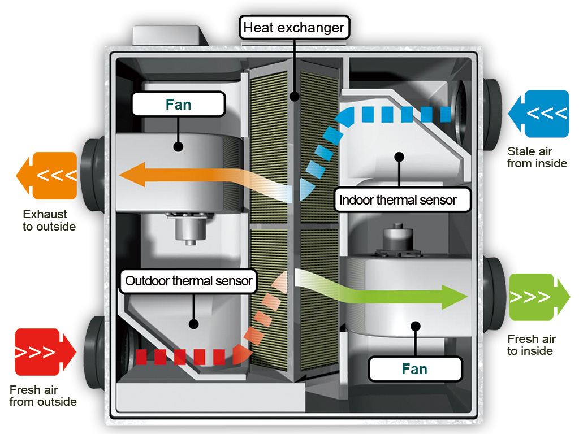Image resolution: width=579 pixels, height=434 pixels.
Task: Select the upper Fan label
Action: click(178, 105)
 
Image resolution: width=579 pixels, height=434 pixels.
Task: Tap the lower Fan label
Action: click(414, 369)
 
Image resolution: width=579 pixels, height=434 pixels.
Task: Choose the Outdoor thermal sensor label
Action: click(188, 281)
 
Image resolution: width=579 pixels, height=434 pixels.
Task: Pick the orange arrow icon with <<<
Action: click(47, 175)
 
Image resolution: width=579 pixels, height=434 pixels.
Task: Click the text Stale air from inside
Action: click(537, 157)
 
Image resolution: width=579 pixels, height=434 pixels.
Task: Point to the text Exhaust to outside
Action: click(49, 220)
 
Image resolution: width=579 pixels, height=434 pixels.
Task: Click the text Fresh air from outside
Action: click(43, 396)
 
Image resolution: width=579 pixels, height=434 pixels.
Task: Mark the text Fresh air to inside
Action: click(531, 345)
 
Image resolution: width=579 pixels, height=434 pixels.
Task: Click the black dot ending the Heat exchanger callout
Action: click(294, 97)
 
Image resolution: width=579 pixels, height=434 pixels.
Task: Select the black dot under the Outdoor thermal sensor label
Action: click(193, 324)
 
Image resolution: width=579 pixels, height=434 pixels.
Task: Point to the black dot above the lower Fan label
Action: click(416, 325)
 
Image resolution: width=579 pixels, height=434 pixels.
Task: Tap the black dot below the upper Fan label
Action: click(178, 146)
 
